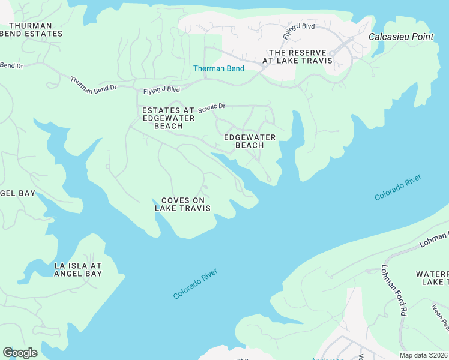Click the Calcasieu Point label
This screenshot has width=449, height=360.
[400, 37]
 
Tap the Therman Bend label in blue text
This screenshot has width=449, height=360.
[218, 68]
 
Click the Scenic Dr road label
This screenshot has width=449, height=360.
[212, 107]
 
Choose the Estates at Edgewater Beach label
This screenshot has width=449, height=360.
[168, 118]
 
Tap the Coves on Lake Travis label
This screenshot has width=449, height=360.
[182, 204]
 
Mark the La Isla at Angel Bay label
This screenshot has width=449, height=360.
[78, 269]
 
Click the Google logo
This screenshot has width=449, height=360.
[20, 353]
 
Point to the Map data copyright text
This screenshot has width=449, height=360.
[424, 355]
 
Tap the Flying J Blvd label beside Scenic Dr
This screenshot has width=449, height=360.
[161, 91]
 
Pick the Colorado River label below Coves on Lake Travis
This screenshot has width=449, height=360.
[195, 284]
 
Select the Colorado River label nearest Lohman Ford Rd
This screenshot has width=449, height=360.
[397, 188]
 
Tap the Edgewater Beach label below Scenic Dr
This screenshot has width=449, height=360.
[249, 141]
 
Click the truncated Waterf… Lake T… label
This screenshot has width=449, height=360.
[432, 278]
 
